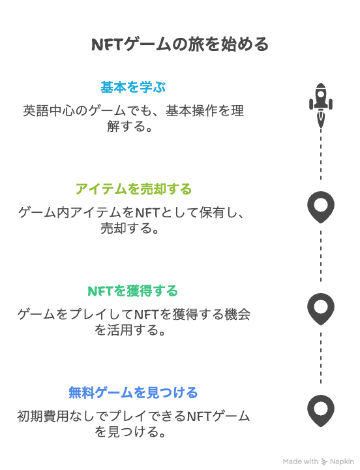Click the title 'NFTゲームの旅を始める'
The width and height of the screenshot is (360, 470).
point(180,44)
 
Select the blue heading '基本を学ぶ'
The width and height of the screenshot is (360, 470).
point(133,87)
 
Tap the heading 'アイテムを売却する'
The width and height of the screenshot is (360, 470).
point(133,189)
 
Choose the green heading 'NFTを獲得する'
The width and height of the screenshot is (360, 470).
point(132,291)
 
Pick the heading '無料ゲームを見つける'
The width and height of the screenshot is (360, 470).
point(133,393)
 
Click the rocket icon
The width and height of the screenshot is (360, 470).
point(321,105)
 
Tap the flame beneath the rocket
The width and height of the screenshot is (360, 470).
point(321,120)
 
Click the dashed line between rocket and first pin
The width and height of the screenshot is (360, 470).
point(321,155)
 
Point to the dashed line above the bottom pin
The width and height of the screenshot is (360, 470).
point(321,358)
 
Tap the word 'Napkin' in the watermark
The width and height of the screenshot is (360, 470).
point(342,462)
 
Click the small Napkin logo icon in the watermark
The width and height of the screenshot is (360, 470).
point(324,462)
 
